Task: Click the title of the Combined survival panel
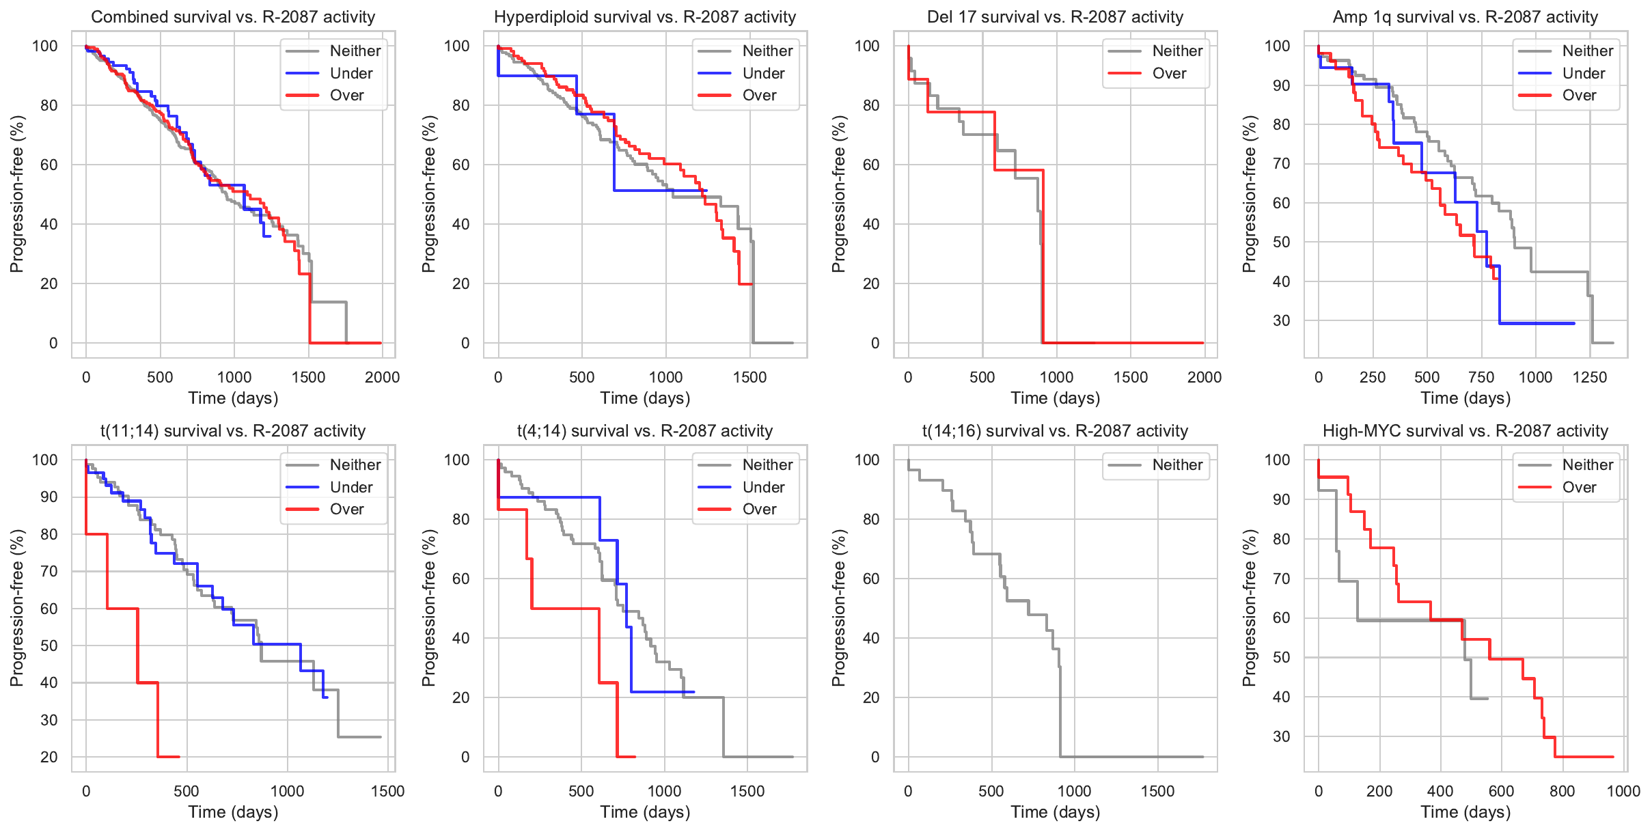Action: [x=233, y=17]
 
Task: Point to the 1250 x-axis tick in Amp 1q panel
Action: [x=1590, y=377]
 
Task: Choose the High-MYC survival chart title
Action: [x=1465, y=431]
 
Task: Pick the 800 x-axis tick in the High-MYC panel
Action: [x=1562, y=791]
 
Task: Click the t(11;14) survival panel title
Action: [x=233, y=431]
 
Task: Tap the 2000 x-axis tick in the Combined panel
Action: [x=382, y=377]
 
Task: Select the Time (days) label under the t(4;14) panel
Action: [x=645, y=812]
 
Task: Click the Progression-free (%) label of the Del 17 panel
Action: [x=839, y=194]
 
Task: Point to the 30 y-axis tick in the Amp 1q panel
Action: [x=1282, y=320]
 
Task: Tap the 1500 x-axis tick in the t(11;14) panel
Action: [x=388, y=791]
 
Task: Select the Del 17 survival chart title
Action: [x=1055, y=17]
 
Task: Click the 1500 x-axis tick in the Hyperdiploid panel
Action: [x=750, y=377]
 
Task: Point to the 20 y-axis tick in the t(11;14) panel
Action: [x=49, y=757]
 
